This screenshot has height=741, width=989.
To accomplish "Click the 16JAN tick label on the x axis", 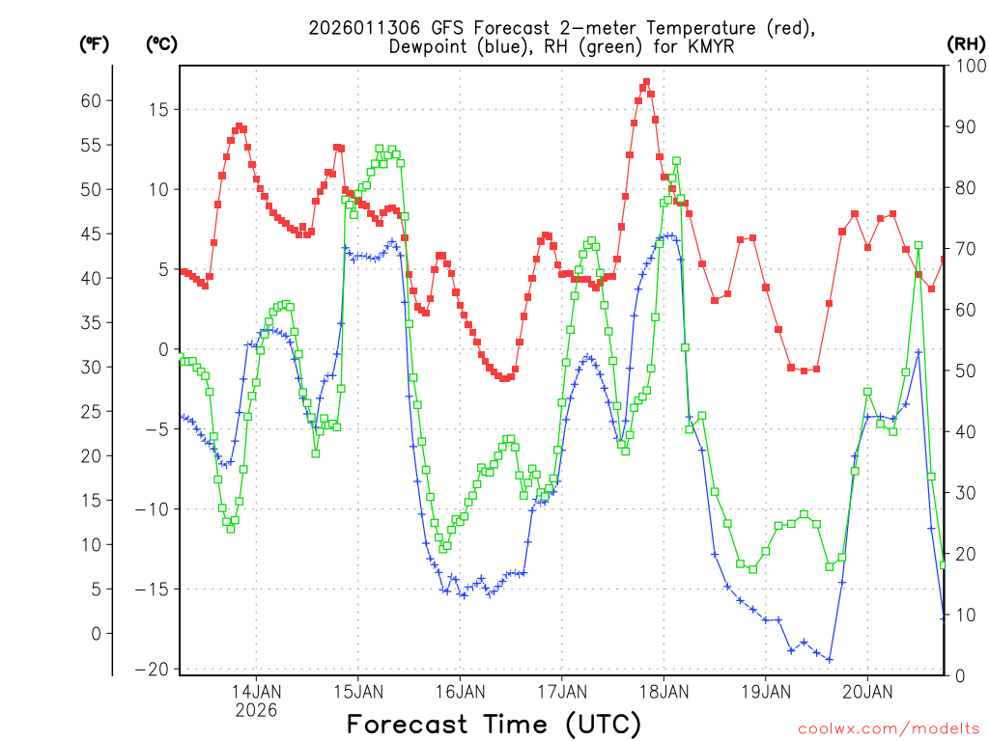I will coord(460,691).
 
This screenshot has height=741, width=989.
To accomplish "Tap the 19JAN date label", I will coord(765,691).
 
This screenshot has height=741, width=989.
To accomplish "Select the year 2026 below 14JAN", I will coord(256,710).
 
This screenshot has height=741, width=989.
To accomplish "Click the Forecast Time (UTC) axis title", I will coord(494,724).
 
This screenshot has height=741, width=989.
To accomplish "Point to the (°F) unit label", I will coord(94,43).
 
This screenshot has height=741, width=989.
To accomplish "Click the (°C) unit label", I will coord(161,43).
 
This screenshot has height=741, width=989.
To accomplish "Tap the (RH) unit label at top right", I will coord(965,43).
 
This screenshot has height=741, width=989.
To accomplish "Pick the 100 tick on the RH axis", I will coord(968,66).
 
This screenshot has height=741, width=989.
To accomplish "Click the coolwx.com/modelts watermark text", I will coord(888,727).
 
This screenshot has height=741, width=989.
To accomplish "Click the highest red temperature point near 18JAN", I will coord(646,82).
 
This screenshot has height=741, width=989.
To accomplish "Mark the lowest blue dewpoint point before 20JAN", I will coord(830,659).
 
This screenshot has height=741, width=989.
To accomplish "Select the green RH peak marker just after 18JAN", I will coord(677,161).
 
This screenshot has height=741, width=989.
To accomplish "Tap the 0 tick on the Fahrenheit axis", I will coord(96,633).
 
